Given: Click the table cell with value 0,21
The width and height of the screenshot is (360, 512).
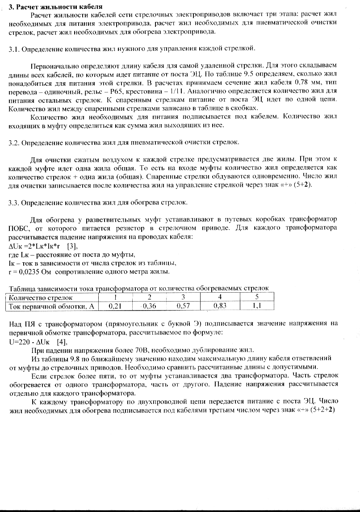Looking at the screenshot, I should pos(115,306).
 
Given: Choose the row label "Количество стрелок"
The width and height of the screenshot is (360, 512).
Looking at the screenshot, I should pos(41,298).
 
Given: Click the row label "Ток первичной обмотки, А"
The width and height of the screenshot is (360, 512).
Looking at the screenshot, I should pos(52,306).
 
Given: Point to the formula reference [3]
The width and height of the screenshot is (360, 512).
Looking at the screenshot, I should pos(71,246).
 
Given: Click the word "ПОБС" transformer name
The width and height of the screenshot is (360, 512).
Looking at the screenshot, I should pos(18,228).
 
